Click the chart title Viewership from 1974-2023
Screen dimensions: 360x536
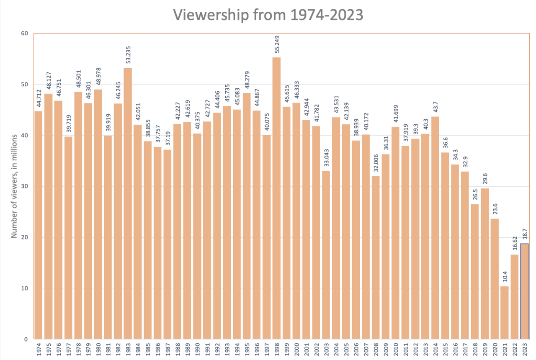(268, 15)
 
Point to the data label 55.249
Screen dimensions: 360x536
(277, 43)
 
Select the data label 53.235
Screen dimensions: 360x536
(128, 54)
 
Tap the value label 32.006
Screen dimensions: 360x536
(376, 162)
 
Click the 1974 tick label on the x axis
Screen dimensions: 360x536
(38, 348)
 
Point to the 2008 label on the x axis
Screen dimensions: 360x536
(376, 348)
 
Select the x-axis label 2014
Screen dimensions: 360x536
(435, 348)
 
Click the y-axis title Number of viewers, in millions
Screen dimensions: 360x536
(14, 186)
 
